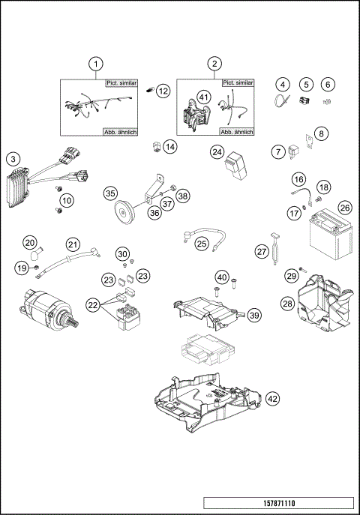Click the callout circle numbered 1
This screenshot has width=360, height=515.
pyautogui.click(x=95, y=64)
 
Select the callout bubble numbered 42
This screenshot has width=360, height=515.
pyautogui.click(x=272, y=399)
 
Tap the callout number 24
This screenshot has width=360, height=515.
pyautogui.click(x=217, y=152)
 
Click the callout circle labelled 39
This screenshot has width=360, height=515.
pyautogui.click(x=254, y=316)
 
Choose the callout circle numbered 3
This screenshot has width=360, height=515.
pyautogui.click(x=12, y=159)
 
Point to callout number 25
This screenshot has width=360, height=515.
pyautogui.click(x=202, y=243)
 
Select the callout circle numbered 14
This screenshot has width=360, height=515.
pyautogui.click(x=170, y=146)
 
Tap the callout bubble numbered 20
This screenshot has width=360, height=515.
pyautogui.click(x=29, y=242)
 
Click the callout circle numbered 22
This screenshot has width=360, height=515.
pyautogui.click(x=92, y=304)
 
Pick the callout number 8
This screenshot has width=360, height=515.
pyautogui.click(x=320, y=133)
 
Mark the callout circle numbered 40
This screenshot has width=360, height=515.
pyautogui.click(x=222, y=277)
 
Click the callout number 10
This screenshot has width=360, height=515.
pyautogui.click(x=67, y=200)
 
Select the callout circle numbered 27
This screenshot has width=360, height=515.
pyautogui.click(x=262, y=251)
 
